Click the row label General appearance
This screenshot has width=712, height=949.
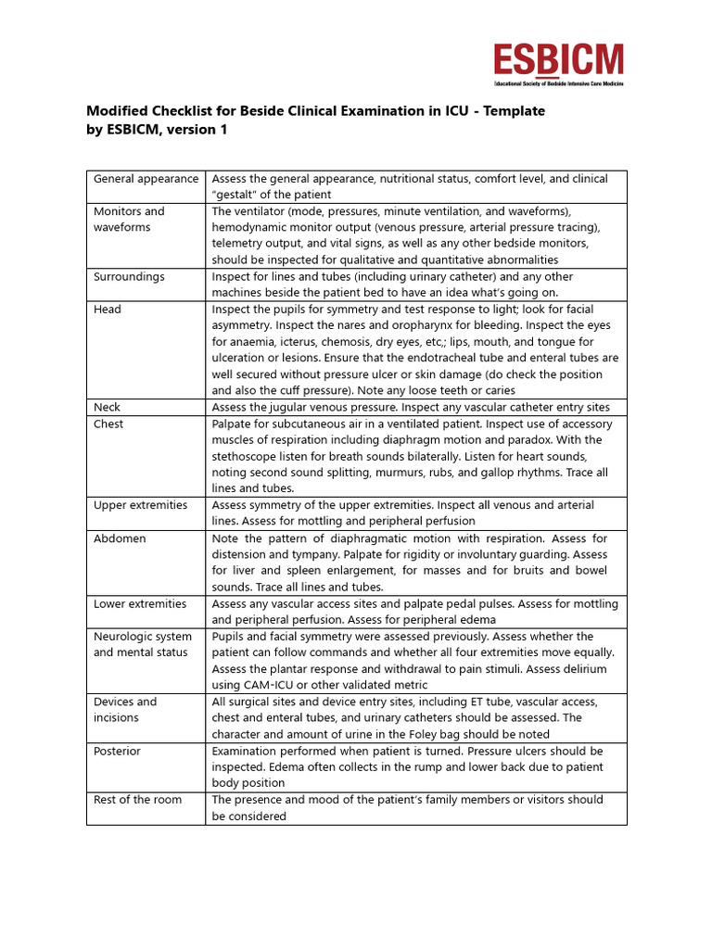(x=146, y=179)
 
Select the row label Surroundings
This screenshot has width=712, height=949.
(x=129, y=277)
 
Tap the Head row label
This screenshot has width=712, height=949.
(x=108, y=310)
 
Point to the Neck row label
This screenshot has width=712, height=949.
(x=108, y=408)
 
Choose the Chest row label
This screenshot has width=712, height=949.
(x=108, y=424)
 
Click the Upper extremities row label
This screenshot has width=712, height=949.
(x=140, y=506)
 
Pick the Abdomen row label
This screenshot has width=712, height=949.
(x=120, y=538)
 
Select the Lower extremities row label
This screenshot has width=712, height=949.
(x=141, y=604)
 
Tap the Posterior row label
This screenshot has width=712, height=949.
(x=118, y=752)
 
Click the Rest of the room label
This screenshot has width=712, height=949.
(x=137, y=800)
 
